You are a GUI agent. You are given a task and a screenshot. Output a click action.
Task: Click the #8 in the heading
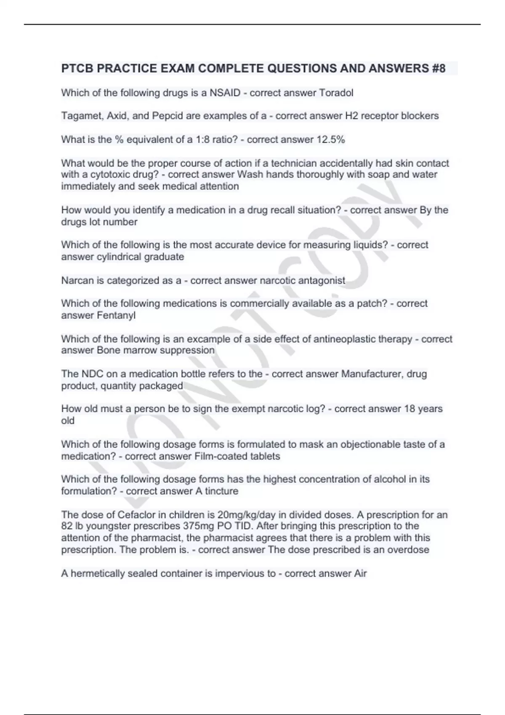pyautogui.click(x=438, y=68)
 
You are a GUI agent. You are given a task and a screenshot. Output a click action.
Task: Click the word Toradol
pyautogui.click(x=336, y=93)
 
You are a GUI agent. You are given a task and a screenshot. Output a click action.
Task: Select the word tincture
pyautogui.click(x=222, y=491)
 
